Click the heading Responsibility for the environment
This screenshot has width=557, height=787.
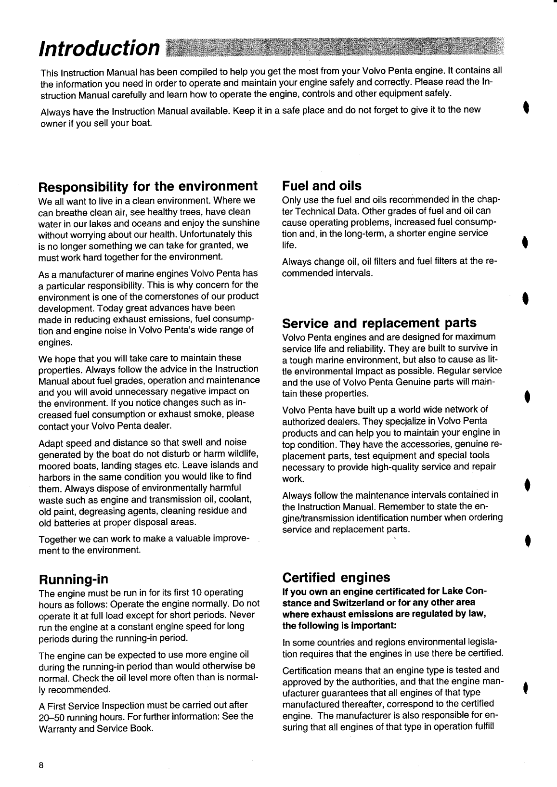(148, 186)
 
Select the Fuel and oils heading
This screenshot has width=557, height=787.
(322, 186)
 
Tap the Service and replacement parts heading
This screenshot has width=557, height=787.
(379, 323)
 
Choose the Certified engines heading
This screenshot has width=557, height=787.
(336, 577)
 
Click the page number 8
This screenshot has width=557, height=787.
(42, 766)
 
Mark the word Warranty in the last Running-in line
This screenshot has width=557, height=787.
(57, 728)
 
